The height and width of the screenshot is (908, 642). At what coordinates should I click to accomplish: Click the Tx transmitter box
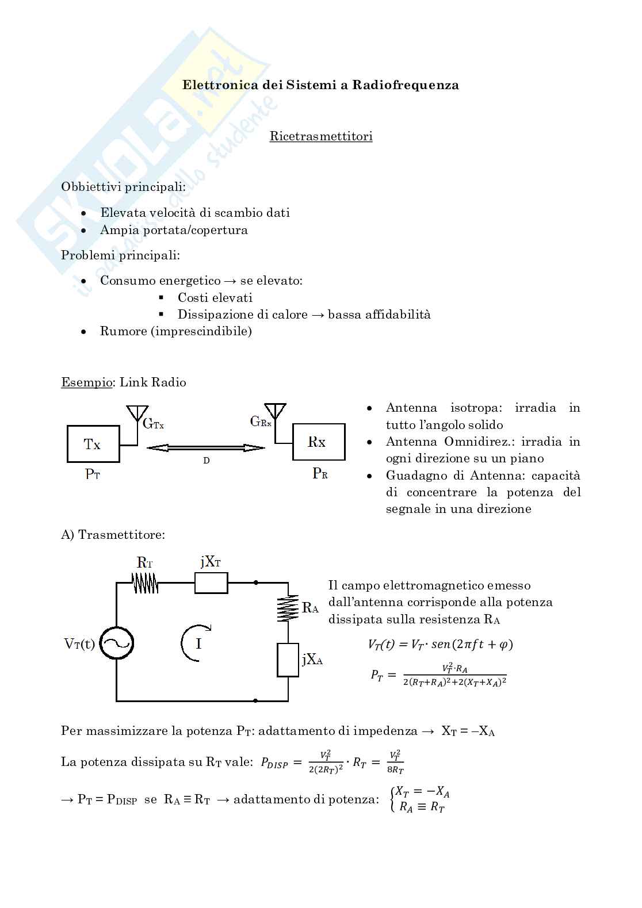pos(93,444)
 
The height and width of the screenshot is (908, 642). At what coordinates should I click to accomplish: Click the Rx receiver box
pos(319,442)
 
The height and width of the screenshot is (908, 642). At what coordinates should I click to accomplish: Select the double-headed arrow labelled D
pos(206,448)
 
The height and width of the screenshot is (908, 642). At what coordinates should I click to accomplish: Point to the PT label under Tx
pos(93,474)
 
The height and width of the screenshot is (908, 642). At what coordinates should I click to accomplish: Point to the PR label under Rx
pos(320,474)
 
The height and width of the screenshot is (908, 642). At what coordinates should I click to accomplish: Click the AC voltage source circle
pos(116,643)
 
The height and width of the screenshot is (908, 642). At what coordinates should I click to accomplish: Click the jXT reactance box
pos(211,583)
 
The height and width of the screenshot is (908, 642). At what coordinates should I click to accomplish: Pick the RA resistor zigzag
pos(288,608)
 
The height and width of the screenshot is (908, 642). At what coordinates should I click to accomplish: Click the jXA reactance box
pos(288,660)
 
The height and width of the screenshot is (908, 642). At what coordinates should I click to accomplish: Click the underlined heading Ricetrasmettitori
pos(321,136)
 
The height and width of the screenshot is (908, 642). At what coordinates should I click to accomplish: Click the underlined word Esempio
pos(87,382)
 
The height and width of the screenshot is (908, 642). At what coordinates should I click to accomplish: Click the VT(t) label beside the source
pos(79,643)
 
